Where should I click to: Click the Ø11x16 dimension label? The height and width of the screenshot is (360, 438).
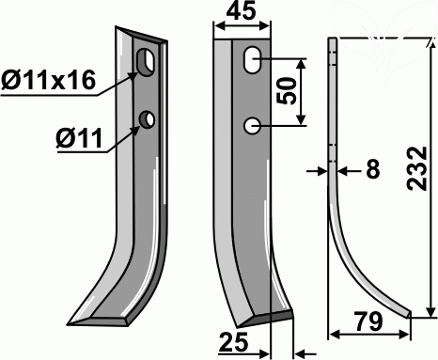(48, 81)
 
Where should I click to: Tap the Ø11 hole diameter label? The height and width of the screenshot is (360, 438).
(79, 138)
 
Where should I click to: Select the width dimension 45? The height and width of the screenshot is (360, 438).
(241, 12)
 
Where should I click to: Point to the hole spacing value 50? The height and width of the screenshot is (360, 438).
(286, 91)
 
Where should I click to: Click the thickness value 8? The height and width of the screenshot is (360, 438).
(372, 169)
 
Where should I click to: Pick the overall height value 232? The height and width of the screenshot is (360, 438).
(417, 168)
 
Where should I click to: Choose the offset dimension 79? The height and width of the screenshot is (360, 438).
(368, 321)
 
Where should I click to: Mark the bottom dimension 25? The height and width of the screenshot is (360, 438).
(234, 342)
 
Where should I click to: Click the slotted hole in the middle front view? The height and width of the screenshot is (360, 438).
(252, 60)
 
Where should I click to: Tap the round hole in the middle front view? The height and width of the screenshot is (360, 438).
(252, 126)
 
